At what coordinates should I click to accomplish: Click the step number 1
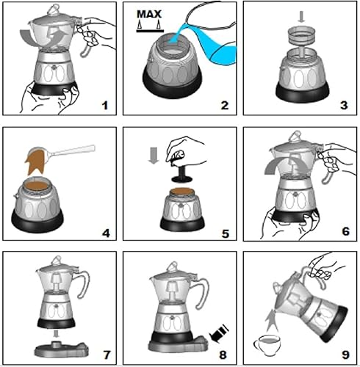104,106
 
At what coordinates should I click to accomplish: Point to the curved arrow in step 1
62,37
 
